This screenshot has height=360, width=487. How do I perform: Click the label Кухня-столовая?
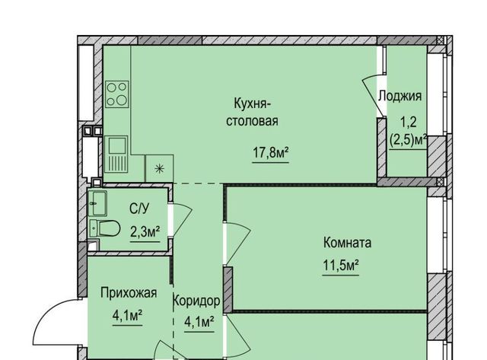click(x=252, y=112)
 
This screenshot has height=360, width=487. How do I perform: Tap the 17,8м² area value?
click(x=271, y=153)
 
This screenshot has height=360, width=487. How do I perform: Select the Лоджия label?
click(x=400, y=96)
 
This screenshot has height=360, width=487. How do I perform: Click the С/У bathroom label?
click(x=139, y=209)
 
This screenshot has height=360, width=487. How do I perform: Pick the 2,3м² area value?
click(x=145, y=232)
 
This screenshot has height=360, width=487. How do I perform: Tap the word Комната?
click(x=347, y=242)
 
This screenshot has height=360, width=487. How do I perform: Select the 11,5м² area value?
click(x=341, y=266)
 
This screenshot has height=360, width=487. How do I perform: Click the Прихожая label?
click(x=129, y=293)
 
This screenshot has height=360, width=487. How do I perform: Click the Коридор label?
click(x=196, y=301)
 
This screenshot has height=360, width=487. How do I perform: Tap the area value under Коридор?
click(x=199, y=322)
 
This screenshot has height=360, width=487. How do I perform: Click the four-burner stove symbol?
click(x=116, y=94)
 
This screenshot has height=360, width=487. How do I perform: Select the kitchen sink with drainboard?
click(x=116, y=154)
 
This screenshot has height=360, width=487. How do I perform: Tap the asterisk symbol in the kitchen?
click(x=159, y=169)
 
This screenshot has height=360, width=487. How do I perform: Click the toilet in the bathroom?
click(x=104, y=228)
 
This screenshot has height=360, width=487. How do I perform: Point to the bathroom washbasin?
click(x=97, y=203)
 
